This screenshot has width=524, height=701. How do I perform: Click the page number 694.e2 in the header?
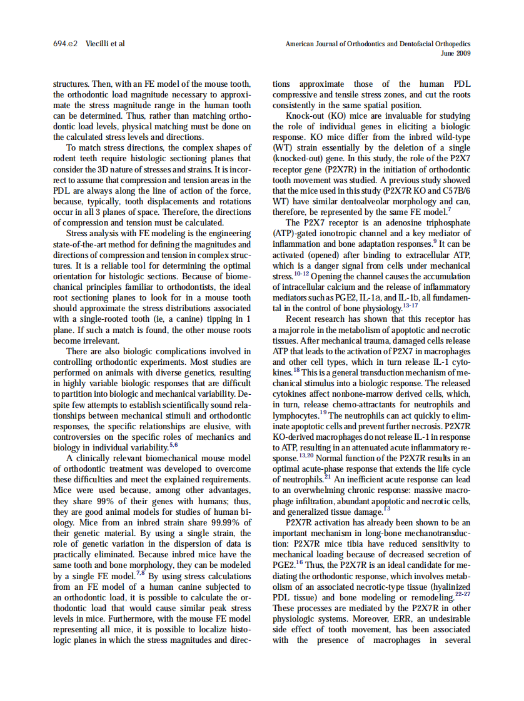pos(65,44)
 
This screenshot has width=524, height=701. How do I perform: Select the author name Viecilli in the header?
pos(97,44)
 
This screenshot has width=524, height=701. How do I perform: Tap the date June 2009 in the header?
pos(456,53)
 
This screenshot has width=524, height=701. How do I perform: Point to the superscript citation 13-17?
pos(410,305)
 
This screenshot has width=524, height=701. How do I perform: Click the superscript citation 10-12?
pos(301,273)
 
